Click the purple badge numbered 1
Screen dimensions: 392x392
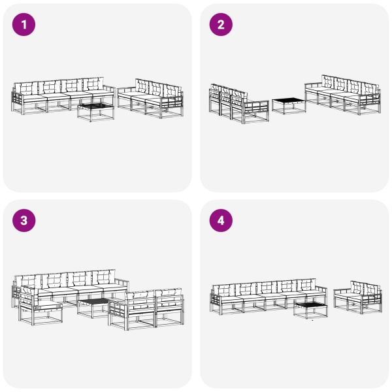click(25, 25)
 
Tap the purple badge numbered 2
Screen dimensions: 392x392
click(221, 25)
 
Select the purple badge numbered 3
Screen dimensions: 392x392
click(25, 221)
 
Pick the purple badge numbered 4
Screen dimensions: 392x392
click(221, 221)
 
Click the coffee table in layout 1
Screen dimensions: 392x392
click(95, 109)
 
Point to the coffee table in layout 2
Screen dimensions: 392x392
click(288, 105)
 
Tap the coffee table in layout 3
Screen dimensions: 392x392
click(93, 306)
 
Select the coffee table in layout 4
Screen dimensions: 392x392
click(310, 308)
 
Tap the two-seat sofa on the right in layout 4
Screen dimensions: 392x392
click(357, 296)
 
